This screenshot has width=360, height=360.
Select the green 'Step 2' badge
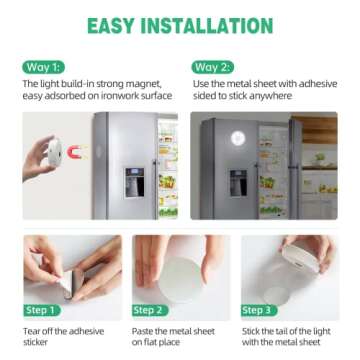pos(151,310)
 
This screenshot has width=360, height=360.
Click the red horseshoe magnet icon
pos(77,152)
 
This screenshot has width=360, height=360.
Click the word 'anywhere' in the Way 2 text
pos(271,97)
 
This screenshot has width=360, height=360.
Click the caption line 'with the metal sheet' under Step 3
pos(281,339)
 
